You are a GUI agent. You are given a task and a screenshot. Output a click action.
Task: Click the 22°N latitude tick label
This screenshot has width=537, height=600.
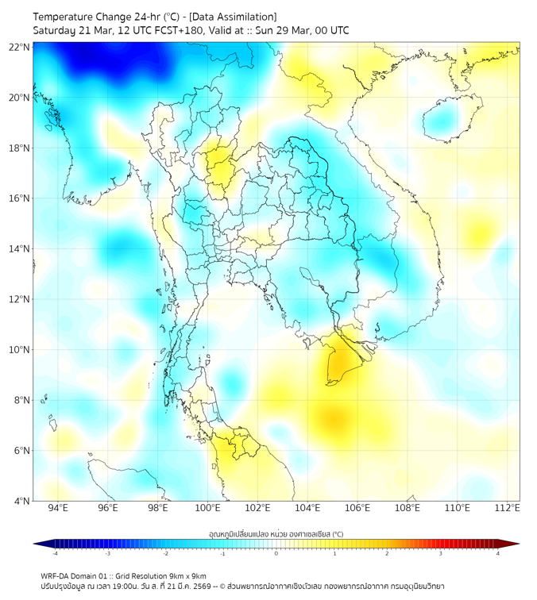click(x=20, y=47)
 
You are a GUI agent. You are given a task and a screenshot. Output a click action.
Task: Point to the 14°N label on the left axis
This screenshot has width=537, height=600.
click(x=20, y=248)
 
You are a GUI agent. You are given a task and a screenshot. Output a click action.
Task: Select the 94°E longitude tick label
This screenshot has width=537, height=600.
click(x=58, y=508)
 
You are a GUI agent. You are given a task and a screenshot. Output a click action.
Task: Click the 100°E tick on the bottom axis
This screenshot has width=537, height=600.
click(x=207, y=508)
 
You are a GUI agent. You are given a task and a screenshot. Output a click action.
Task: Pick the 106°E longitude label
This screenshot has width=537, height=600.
click(x=357, y=508)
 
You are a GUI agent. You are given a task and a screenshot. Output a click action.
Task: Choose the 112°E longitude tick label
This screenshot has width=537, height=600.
click(x=507, y=508)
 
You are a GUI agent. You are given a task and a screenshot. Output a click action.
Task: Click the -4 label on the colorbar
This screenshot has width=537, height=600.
click(x=55, y=553)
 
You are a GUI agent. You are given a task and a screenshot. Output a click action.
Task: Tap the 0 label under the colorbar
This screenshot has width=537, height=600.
click(x=276, y=553)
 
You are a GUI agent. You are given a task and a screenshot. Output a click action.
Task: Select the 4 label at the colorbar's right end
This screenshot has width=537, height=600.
click(x=497, y=553)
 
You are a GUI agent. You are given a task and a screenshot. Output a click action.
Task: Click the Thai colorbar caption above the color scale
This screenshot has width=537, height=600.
click(x=276, y=534)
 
